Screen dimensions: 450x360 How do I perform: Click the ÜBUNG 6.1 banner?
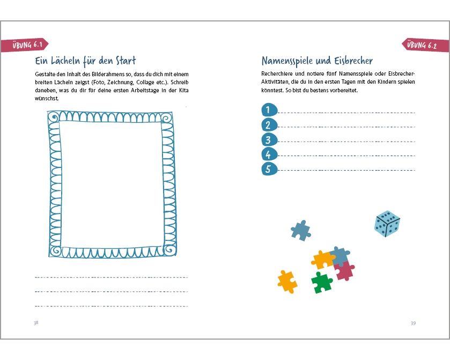point(25,45)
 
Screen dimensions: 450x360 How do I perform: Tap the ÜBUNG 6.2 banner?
point(425,45)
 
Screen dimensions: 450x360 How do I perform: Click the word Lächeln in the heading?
point(65,61)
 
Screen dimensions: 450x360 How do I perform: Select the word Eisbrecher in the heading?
point(353,61)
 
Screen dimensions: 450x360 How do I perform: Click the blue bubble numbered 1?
point(269,109)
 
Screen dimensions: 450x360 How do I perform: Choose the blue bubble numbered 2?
point(269,125)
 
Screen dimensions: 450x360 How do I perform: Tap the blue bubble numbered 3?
point(269,140)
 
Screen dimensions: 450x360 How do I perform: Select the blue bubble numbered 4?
point(269,155)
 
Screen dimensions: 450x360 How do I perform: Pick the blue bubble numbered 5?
point(269,169)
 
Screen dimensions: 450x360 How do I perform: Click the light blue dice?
point(387,224)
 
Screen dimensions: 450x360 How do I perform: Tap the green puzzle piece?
point(322,283)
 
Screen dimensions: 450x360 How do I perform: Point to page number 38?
point(36,323)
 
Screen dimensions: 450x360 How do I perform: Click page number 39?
point(413,324)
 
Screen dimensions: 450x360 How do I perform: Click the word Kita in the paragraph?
point(183,90)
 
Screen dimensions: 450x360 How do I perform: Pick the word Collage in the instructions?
point(145,83)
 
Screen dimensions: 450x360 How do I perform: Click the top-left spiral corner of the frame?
point(54,117)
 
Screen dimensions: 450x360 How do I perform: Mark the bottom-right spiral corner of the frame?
point(170,250)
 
